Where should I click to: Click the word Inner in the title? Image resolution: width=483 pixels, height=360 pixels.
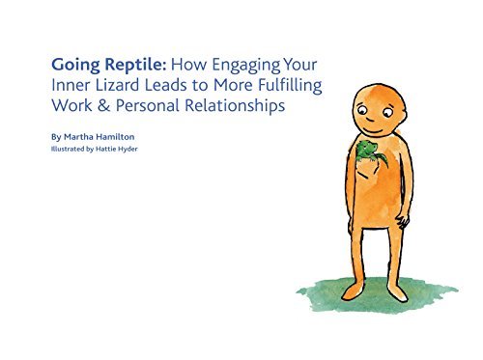pyautogui.click(x=71, y=86)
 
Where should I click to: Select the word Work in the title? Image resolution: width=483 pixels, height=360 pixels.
pyautogui.click(x=71, y=107)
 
